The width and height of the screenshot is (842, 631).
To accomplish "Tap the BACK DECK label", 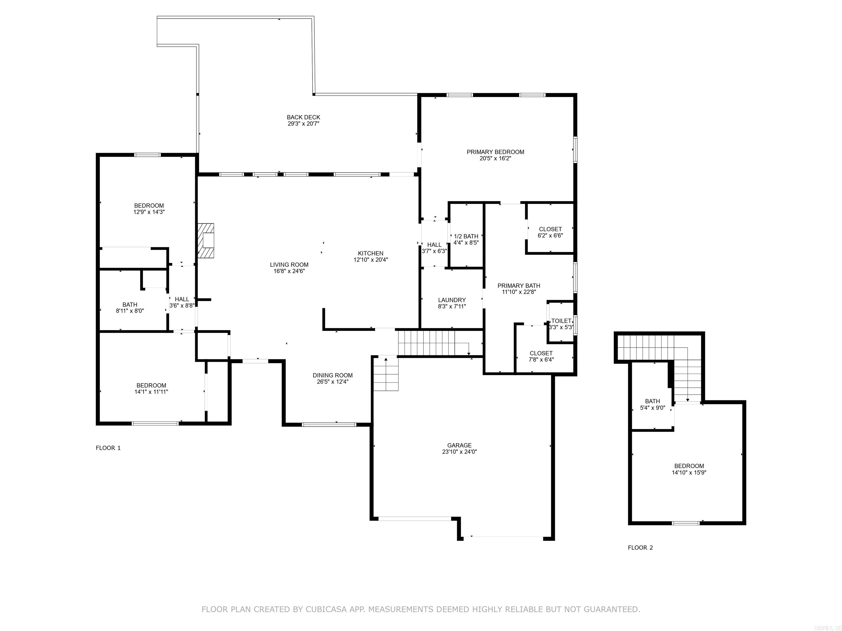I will [303, 117].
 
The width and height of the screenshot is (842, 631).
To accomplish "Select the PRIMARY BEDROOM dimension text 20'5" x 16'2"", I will [495, 159].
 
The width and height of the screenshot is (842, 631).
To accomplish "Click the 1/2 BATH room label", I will [466, 236].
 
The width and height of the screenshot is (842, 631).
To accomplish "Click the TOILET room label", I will [561, 321].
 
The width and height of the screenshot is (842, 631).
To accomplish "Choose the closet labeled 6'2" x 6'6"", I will [550, 232].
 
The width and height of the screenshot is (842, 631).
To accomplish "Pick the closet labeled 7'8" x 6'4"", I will [541, 356].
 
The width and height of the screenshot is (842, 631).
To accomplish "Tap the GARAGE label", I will [459, 445].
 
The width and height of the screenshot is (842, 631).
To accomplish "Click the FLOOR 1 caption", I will [108, 448].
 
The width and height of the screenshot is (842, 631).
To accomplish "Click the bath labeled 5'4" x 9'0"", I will [652, 404].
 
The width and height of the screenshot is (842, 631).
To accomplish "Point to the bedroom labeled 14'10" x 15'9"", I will [689, 469].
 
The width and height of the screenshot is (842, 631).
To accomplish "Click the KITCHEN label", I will [370, 253].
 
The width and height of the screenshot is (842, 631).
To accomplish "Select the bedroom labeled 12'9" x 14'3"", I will [149, 209].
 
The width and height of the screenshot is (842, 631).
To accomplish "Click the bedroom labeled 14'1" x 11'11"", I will [151, 388].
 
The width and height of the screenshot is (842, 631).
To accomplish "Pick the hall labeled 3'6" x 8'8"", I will [182, 302].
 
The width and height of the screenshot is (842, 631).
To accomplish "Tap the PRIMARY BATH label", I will [519, 286].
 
